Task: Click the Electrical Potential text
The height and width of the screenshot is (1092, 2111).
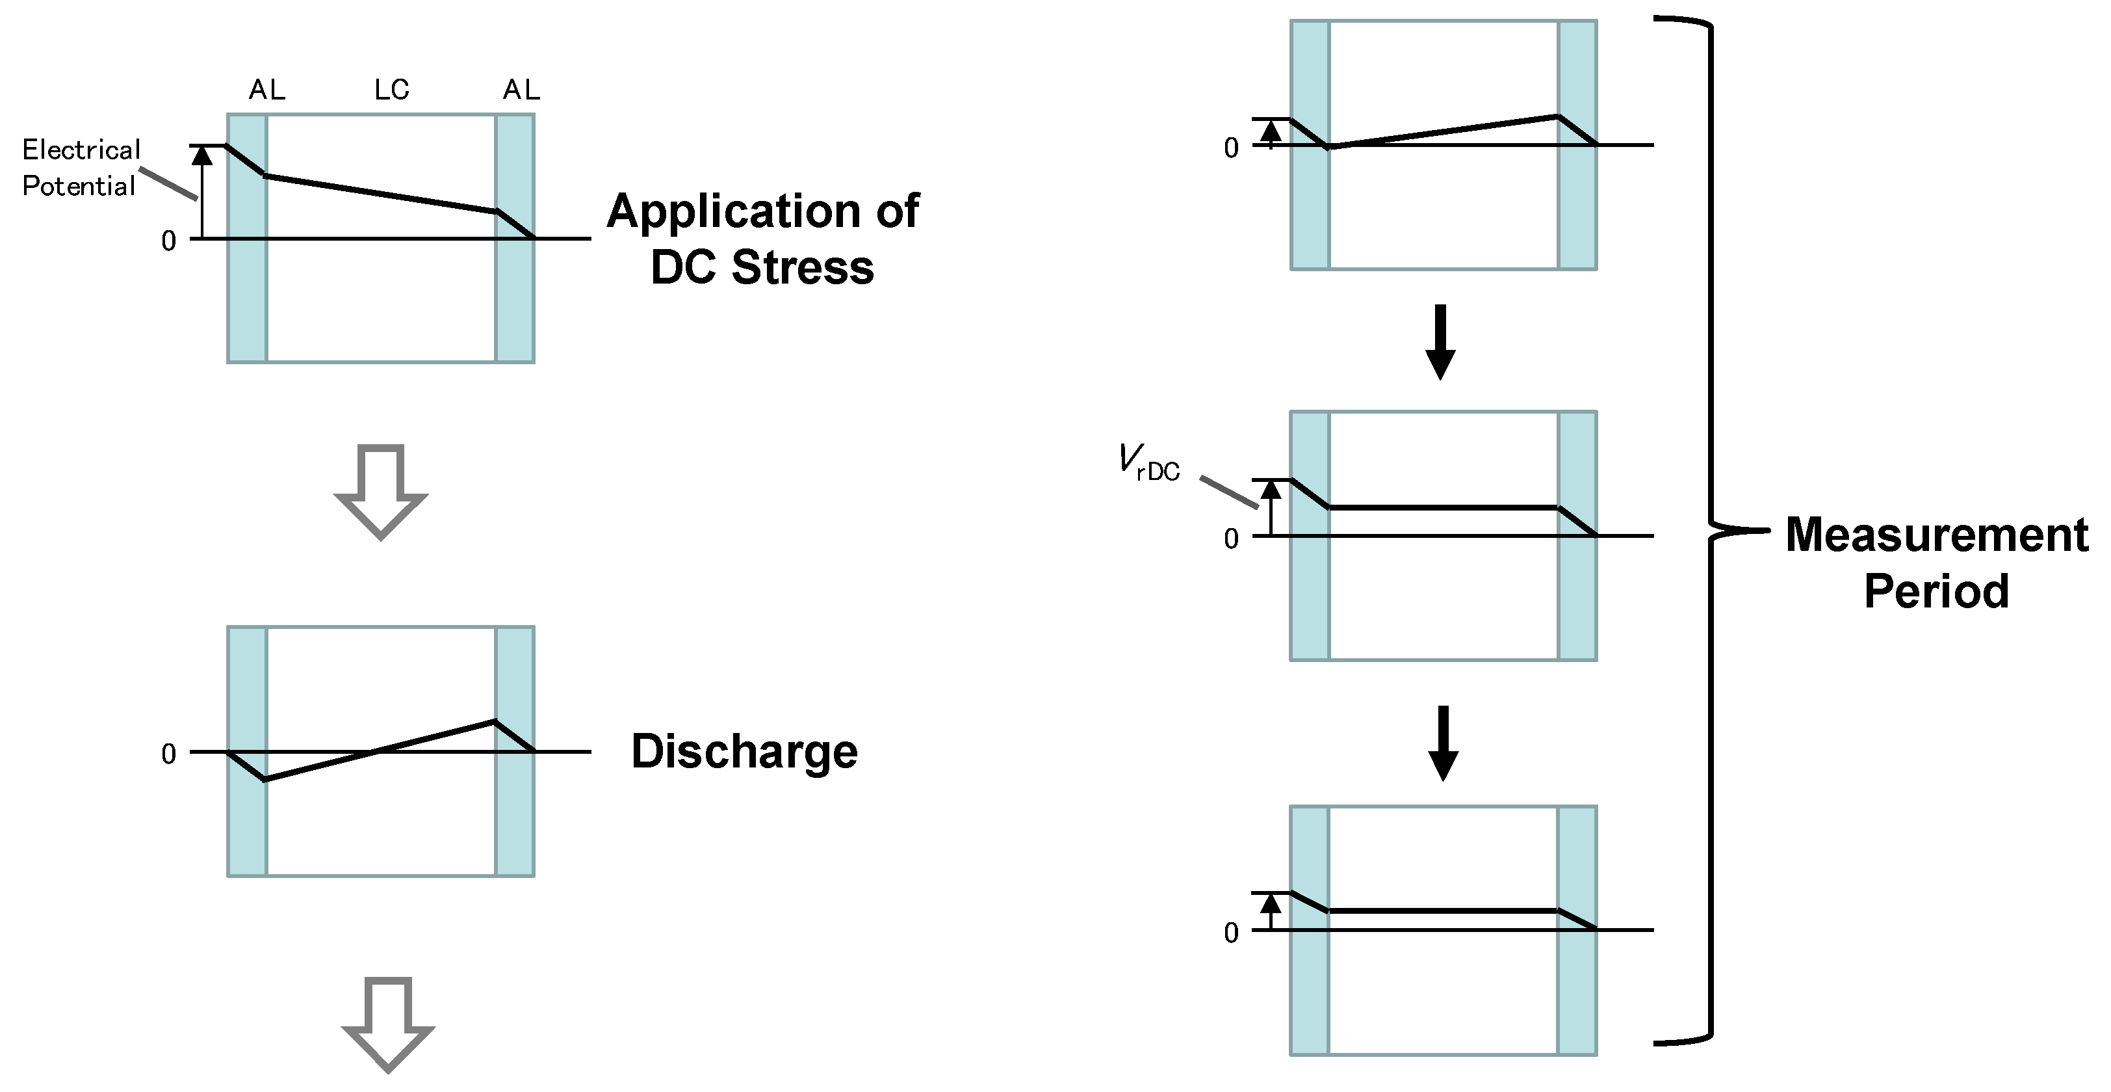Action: click(81, 168)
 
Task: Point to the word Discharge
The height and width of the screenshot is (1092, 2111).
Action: click(744, 752)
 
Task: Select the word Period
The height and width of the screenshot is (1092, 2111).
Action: click(1936, 591)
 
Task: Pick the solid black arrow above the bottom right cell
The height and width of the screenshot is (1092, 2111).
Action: click(1443, 743)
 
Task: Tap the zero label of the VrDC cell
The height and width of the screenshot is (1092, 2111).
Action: click(1231, 539)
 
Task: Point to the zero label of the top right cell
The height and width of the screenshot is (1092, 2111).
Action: click(1231, 148)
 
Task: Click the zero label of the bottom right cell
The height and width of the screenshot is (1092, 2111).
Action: click(1231, 933)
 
